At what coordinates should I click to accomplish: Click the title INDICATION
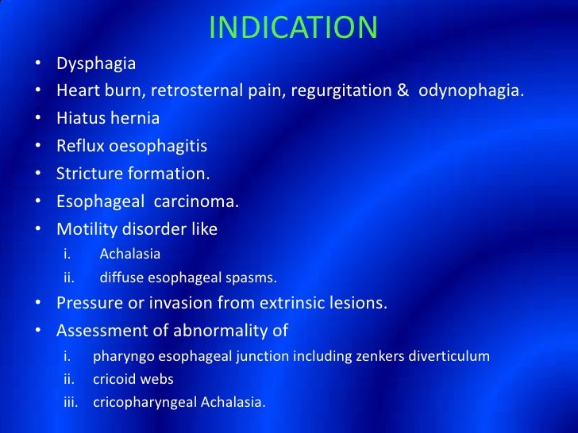293,28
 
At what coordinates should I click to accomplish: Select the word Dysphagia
96,63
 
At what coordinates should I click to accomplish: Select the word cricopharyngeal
143,403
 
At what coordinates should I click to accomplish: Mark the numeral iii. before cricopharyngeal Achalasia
71,402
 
